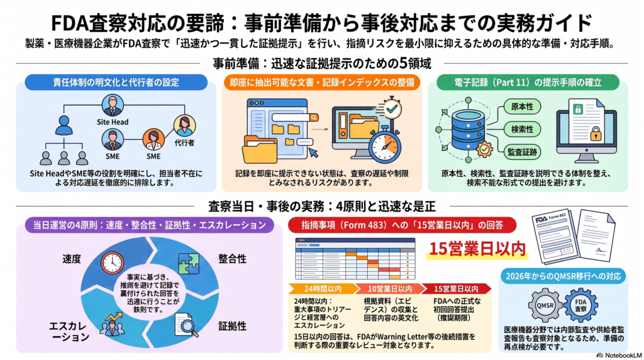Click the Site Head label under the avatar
(x=113, y=122)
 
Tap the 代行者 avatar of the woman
(x=184, y=126)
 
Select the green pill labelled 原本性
(x=522, y=107)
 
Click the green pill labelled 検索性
(x=522, y=130)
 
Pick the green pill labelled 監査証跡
(x=522, y=152)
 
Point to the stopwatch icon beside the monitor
(x=385, y=145)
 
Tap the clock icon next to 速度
(x=112, y=262)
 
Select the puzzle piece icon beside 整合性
(x=189, y=263)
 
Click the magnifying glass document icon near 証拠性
(x=186, y=325)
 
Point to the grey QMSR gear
(x=545, y=305)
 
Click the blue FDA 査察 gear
(x=580, y=305)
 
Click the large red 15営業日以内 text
(x=477, y=249)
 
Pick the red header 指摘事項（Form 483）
(x=402, y=225)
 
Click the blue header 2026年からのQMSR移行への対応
(x=563, y=276)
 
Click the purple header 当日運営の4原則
(x=150, y=225)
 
